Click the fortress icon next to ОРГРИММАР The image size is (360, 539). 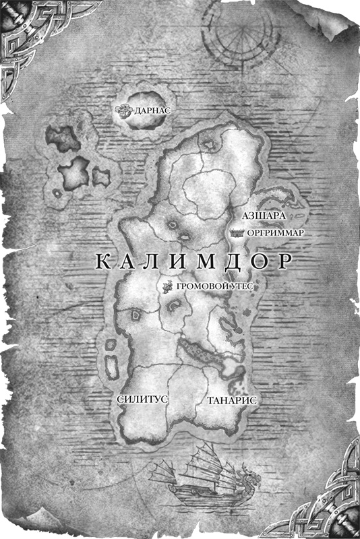tap(237, 232)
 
